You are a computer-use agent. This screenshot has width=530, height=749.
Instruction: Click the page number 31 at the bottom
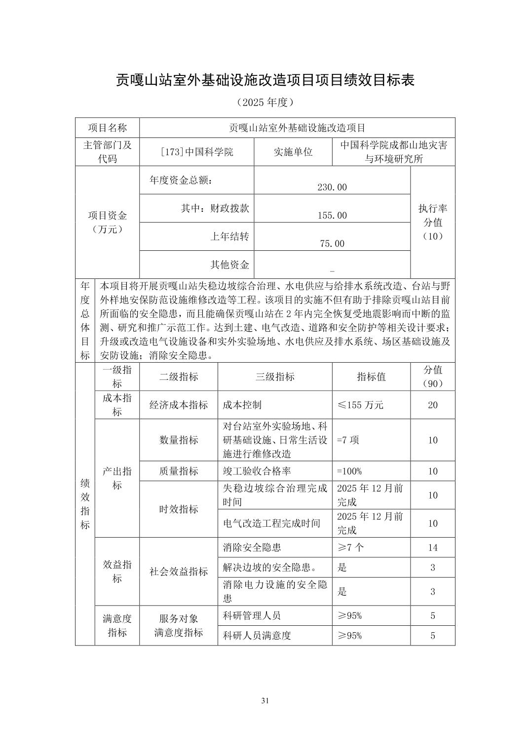pyautogui.click(x=265, y=701)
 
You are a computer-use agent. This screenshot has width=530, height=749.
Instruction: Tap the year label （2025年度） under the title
pyautogui.click(x=265, y=102)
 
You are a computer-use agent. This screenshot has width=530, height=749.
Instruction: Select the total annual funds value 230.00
pyautogui.click(x=332, y=187)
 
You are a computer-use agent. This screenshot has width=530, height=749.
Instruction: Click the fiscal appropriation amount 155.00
pyautogui.click(x=332, y=215)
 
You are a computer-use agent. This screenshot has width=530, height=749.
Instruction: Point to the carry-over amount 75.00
pyautogui.click(x=332, y=243)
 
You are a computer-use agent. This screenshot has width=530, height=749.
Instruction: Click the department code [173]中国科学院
pyautogui.click(x=197, y=152)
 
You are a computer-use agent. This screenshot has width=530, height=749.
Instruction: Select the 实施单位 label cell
pyautogui.click(x=293, y=152)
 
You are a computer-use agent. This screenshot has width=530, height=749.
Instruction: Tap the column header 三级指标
pyautogui.click(x=275, y=377)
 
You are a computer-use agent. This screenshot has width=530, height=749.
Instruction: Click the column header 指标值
pyautogui.click(x=371, y=377)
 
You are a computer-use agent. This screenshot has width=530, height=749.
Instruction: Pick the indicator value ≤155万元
pyautogui.click(x=360, y=405)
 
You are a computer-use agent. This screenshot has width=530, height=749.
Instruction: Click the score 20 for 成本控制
pyautogui.click(x=433, y=405)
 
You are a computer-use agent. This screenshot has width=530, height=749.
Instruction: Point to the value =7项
pyautogui.click(x=348, y=440)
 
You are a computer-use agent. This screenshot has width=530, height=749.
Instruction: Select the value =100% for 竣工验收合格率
pyautogui.click(x=349, y=471)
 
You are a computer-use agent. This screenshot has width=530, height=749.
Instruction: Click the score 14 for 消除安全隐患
pyautogui.click(x=433, y=547)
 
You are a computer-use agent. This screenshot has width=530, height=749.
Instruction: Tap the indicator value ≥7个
pyautogui.click(x=350, y=547)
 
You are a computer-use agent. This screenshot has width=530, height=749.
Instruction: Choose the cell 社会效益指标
pyautogui.click(x=179, y=572)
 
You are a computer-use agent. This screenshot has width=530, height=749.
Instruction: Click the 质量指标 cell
pyautogui.click(x=179, y=471)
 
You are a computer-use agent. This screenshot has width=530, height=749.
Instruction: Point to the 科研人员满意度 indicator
pyautogui.click(x=257, y=636)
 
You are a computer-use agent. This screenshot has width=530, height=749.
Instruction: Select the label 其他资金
pyautogui.click(x=230, y=265)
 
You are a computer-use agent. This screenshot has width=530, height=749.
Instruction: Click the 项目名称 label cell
pyautogui.click(x=108, y=128)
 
